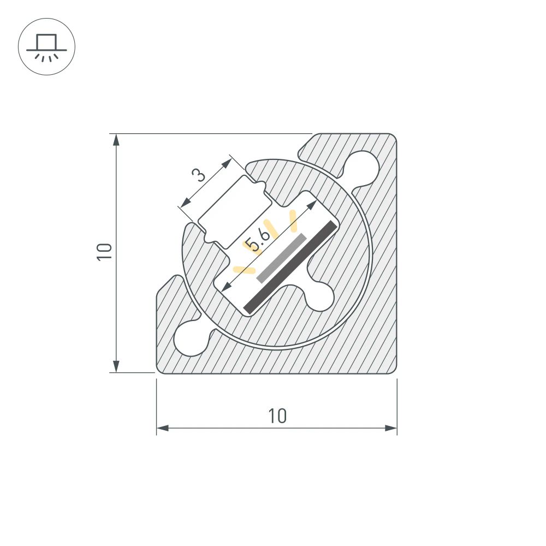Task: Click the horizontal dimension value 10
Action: pos(277,416)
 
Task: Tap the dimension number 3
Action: pos(199,175)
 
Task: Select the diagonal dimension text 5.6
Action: pos(257,240)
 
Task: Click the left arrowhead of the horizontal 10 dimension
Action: pos(162,428)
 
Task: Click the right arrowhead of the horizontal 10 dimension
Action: pos(391,428)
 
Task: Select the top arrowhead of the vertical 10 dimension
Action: pos(116,140)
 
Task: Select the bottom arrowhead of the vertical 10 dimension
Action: pos(116,366)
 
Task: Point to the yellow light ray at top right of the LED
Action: pos(293,219)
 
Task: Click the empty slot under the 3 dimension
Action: pos(234,212)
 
